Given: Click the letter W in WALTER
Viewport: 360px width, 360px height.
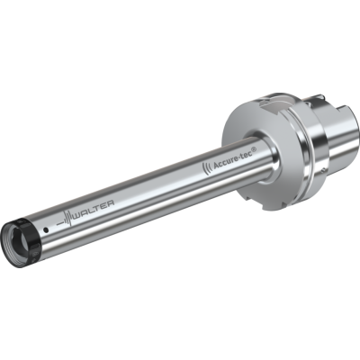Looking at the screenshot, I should click(76, 219).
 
